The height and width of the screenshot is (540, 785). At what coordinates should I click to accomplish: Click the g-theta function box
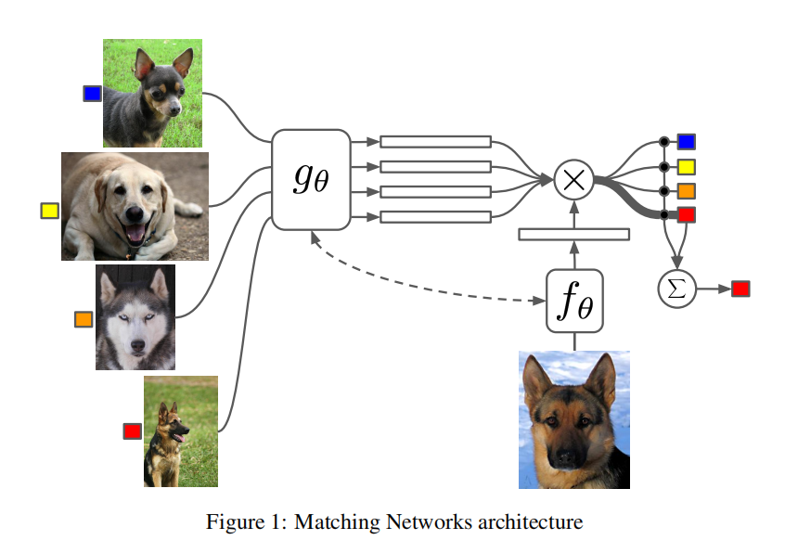(310, 179)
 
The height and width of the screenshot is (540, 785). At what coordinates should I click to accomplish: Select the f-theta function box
(574, 300)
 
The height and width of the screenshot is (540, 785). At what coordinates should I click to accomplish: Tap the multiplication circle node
(573, 179)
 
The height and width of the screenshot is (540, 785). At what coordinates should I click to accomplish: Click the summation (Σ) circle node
(676, 289)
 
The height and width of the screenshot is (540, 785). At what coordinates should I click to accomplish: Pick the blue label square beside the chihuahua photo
(92, 93)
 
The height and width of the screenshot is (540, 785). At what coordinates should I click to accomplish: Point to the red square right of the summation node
(740, 289)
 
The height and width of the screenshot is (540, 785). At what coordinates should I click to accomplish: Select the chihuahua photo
(152, 93)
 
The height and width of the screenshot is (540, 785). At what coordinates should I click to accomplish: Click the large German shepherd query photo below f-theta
(573, 419)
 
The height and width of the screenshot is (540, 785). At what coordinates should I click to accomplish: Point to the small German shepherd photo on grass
(181, 431)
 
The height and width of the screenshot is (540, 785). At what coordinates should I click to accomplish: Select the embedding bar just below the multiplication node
(573, 234)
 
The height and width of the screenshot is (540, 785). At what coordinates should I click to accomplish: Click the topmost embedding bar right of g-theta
(435, 142)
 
